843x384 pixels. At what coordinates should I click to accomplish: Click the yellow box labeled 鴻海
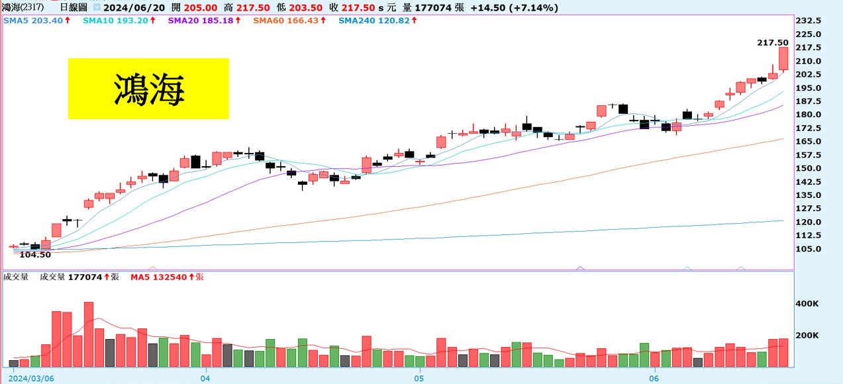[x=148, y=89]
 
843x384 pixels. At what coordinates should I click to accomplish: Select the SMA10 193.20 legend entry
[x=119, y=21]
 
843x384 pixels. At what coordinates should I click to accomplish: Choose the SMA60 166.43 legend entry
[x=289, y=21]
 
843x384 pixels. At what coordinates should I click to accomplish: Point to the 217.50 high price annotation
[x=772, y=42]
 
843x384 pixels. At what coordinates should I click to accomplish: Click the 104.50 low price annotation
[x=35, y=255]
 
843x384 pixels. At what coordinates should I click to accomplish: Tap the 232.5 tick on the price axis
[x=809, y=21]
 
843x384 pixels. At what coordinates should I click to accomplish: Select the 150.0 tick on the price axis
[x=809, y=169]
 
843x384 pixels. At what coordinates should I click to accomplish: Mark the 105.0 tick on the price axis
[x=809, y=249]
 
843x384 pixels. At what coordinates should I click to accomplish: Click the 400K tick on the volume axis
[x=808, y=304]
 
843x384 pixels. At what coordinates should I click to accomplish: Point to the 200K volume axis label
[x=808, y=336]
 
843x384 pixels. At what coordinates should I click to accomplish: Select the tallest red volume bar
[x=89, y=334]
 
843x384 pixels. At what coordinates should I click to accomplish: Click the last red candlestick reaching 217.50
[x=783, y=58]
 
